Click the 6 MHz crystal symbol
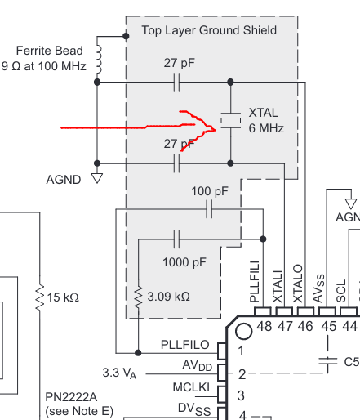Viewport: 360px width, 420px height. pos(230,120)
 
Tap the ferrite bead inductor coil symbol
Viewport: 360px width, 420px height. pos(99,60)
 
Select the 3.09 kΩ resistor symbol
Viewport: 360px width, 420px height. pos(139,297)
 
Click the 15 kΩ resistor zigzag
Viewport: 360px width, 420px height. pos(40,297)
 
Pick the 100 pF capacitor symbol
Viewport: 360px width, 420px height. pos(209,209)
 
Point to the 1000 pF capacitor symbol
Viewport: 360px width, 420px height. pos(176,239)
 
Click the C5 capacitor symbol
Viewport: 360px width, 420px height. pos(328,361)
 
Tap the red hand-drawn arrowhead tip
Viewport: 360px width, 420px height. pos(216,130)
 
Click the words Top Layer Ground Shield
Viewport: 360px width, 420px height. pos(209,30)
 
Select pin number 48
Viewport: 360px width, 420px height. pos(264,326)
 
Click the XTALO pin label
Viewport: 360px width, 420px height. pos(298,284)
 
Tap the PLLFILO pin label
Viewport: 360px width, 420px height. pos(184,345)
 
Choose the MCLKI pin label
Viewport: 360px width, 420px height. pos(191,387)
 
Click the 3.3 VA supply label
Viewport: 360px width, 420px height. pos(119,373)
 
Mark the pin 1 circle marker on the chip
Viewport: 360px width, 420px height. pos(243,331)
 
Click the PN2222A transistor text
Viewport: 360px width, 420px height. pos(71,397)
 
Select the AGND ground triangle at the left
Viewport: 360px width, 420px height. pos(97,178)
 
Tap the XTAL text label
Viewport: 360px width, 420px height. pos(264,113)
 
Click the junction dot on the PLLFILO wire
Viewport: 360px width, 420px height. pos(138,353)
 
